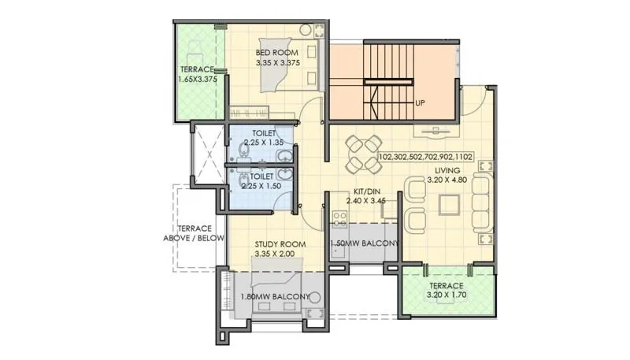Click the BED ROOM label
pyautogui.click(x=276, y=54)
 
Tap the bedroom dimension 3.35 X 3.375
pyautogui.click(x=276, y=64)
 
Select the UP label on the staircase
pyautogui.click(x=421, y=102)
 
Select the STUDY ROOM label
pyautogui.click(x=274, y=245)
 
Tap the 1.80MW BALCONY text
pyautogui.click(x=274, y=297)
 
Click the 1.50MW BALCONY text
pyautogui.click(x=365, y=243)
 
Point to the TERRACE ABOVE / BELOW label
pyautogui.click(x=194, y=232)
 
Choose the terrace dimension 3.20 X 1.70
pyautogui.click(x=446, y=295)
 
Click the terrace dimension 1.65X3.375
pyautogui.click(x=197, y=80)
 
